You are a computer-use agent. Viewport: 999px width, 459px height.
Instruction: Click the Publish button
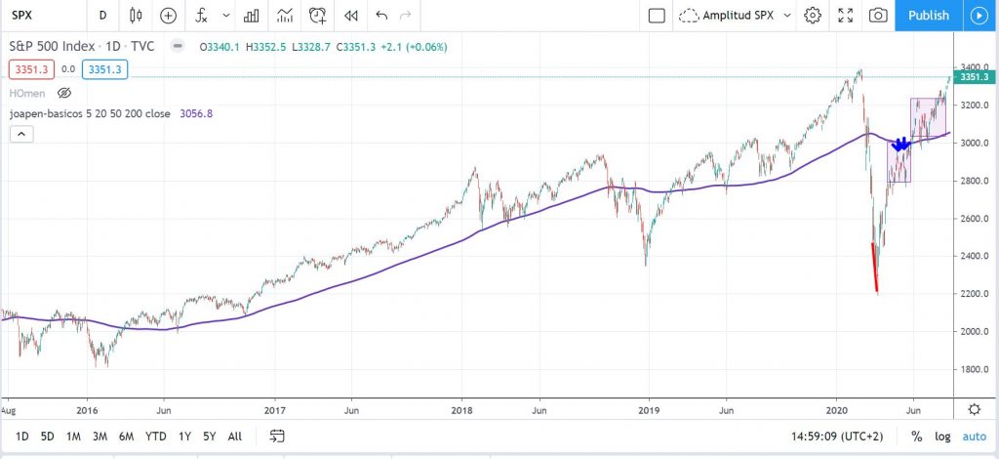tap(928, 15)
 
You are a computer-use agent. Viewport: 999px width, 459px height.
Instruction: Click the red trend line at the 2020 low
tap(874, 269)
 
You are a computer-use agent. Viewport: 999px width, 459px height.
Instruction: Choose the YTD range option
tap(155, 436)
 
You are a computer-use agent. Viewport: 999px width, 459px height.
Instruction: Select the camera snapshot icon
tap(878, 15)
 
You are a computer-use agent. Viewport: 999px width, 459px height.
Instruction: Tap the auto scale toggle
tap(974, 436)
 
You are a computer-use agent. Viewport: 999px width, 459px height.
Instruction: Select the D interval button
tap(102, 15)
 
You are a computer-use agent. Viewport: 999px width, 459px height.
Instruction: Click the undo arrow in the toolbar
tap(381, 15)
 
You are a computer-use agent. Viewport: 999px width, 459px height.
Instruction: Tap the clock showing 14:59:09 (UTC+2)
tap(836, 436)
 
